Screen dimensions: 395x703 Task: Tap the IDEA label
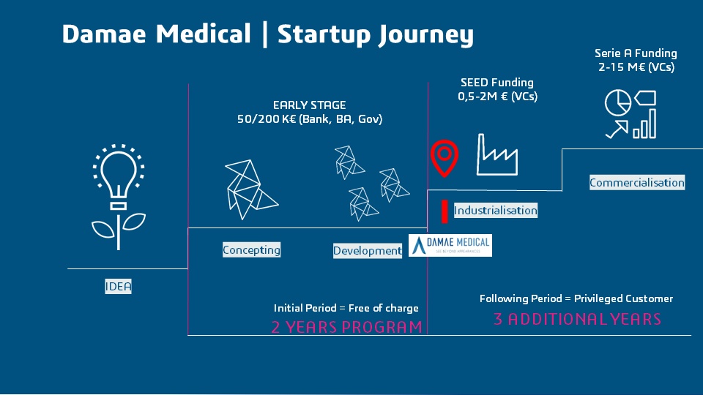click(x=118, y=287)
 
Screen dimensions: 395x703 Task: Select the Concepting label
click(x=251, y=250)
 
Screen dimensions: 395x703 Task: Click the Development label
click(x=368, y=251)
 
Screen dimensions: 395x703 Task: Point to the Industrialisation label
click(x=496, y=211)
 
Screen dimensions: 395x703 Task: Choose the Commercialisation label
click(x=637, y=183)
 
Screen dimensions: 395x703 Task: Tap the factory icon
click(x=497, y=154)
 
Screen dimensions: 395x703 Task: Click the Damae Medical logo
click(x=450, y=245)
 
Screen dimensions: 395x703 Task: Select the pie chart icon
click(x=617, y=103)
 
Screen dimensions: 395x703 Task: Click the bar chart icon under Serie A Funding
click(x=644, y=125)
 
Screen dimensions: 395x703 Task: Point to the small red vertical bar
click(x=444, y=211)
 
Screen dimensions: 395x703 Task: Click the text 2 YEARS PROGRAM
click(x=346, y=327)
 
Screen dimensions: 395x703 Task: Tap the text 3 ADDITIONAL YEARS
click(x=577, y=320)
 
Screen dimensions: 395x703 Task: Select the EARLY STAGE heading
click(x=309, y=105)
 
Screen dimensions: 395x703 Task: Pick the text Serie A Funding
click(x=636, y=53)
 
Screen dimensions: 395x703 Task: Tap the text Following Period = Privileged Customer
click(x=576, y=298)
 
